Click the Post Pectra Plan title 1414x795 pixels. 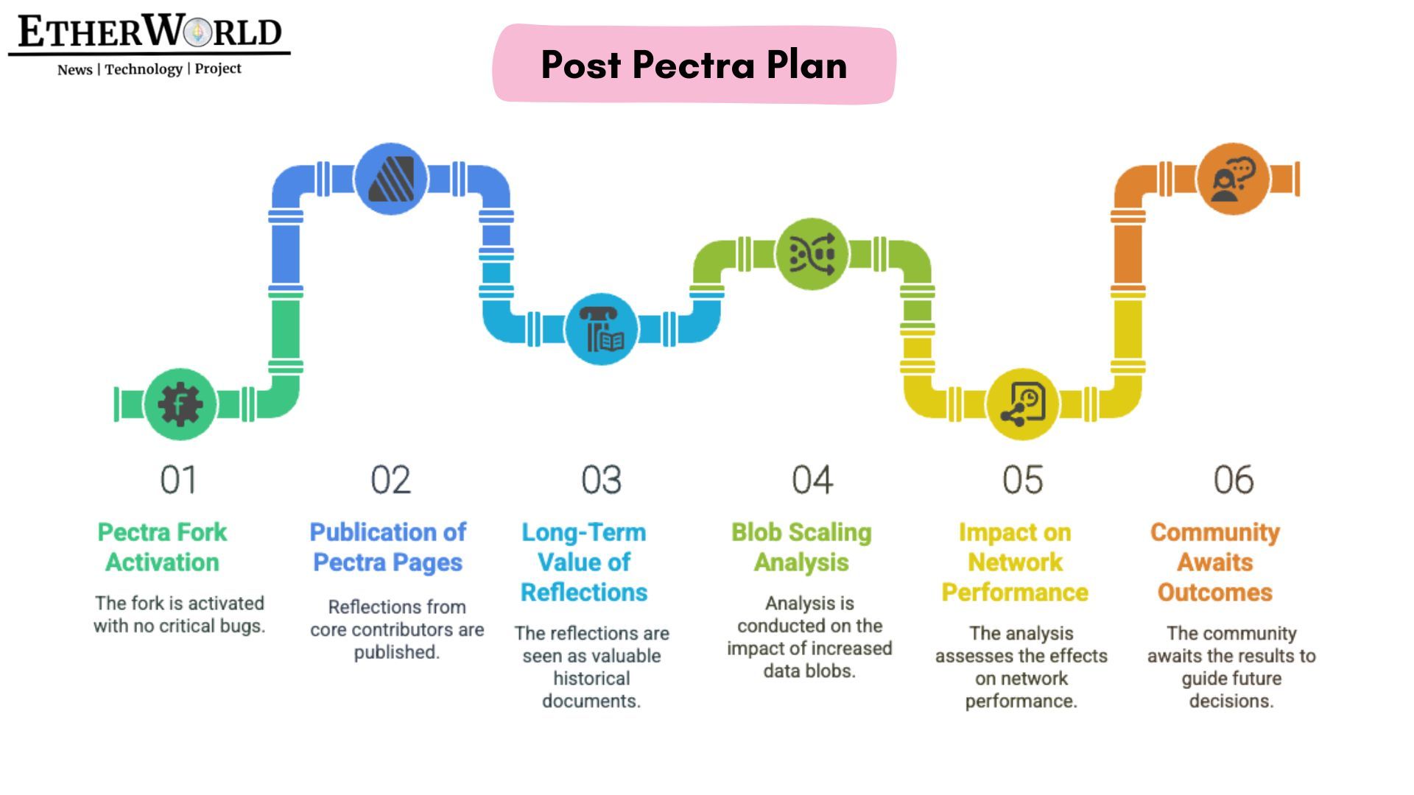(x=694, y=65)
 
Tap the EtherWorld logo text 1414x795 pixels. (x=150, y=32)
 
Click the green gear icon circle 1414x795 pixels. (x=180, y=404)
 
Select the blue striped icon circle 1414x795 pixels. (x=390, y=179)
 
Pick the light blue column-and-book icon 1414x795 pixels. (x=601, y=329)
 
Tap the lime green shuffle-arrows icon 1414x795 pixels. (x=812, y=254)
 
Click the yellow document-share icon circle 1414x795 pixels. (x=1022, y=404)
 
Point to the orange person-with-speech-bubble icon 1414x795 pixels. (x=1233, y=179)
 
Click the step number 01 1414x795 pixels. (x=179, y=480)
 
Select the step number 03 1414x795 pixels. (x=601, y=480)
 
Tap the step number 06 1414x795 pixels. (x=1234, y=480)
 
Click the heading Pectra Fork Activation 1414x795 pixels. (x=162, y=547)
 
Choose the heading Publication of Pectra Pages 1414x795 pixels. (x=388, y=547)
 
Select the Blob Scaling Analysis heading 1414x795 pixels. (x=801, y=547)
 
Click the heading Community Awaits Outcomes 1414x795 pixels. (x=1215, y=562)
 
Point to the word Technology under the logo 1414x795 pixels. (x=144, y=69)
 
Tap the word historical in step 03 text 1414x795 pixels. (x=591, y=679)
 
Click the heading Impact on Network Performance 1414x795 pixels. (x=1015, y=562)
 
